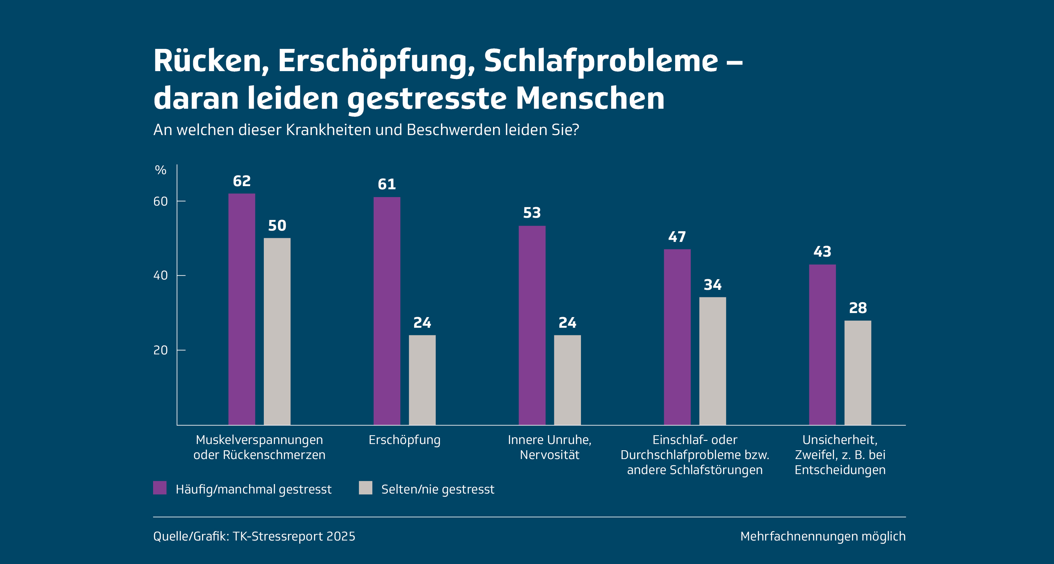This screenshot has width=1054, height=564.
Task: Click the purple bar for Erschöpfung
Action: click(x=387, y=311)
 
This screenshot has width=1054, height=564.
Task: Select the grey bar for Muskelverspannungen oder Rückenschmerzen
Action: click(x=277, y=331)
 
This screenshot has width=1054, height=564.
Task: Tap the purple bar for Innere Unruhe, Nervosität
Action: click(x=532, y=325)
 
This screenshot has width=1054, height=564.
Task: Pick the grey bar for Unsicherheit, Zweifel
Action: click(x=858, y=372)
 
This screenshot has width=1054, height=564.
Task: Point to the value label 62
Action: click(x=242, y=181)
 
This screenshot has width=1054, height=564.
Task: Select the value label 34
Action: click(x=712, y=285)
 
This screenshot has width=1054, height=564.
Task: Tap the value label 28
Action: click(x=858, y=308)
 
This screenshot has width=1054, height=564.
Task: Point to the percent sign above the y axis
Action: click(x=160, y=170)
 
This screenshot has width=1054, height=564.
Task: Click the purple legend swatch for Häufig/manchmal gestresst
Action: click(x=160, y=488)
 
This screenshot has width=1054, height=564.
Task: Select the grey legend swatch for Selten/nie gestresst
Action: click(x=365, y=488)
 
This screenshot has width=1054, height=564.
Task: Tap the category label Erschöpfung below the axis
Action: click(x=404, y=440)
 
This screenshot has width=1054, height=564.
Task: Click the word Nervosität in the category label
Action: click(x=550, y=455)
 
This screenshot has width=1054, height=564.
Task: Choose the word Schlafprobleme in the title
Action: click(x=601, y=61)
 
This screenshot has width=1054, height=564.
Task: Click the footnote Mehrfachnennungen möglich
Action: click(x=823, y=536)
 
